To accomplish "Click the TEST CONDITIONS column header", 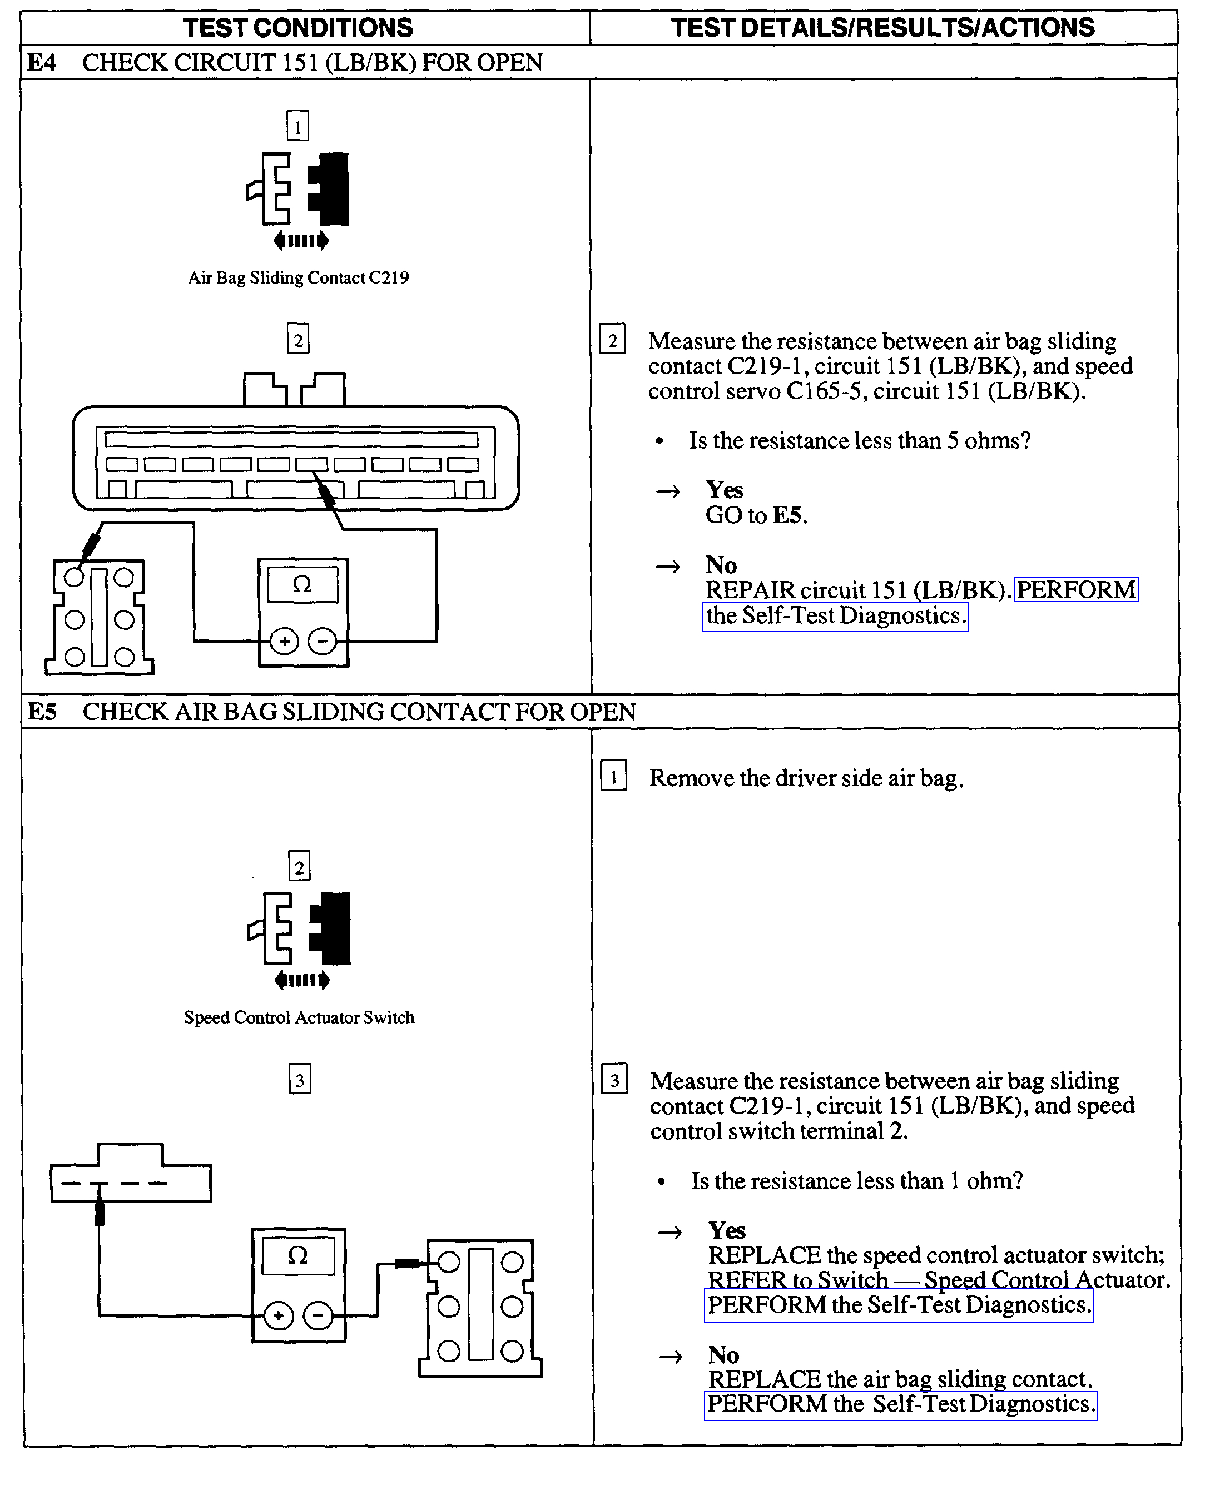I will (x=297, y=28).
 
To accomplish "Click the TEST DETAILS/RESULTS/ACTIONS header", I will (x=882, y=28).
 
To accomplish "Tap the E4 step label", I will (x=41, y=63).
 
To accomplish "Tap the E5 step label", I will (x=42, y=712).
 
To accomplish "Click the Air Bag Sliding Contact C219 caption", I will (x=298, y=278).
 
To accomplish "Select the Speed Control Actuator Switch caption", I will (x=299, y=1017).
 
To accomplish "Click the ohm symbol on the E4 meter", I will (x=302, y=584).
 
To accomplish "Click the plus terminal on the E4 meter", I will (x=284, y=641).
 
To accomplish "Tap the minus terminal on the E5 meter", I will (x=319, y=1316).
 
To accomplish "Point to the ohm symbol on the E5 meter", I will (x=297, y=1256).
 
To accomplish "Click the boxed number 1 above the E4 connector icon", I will (x=297, y=127).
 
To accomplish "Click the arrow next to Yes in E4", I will (x=668, y=491).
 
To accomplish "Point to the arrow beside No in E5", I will (x=671, y=1356).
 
